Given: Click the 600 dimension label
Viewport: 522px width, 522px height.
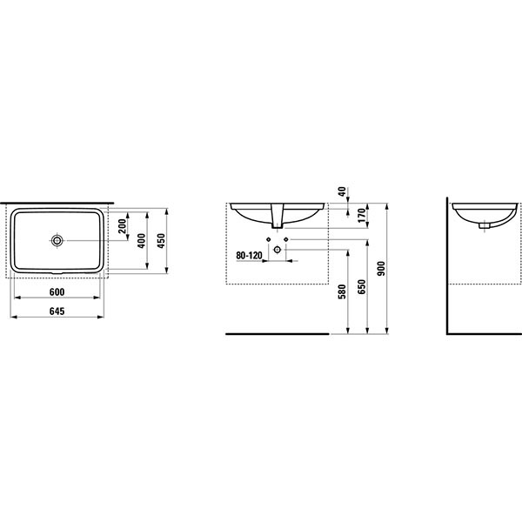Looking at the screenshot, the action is pyautogui.click(x=57, y=292).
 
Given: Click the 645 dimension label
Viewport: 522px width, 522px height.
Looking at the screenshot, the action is pyautogui.click(x=57, y=311).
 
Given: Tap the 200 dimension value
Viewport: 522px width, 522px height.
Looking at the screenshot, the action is pyautogui.click(x=122, y=226).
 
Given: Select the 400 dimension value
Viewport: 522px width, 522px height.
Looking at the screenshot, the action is pyautogui.click(x=142, y=241).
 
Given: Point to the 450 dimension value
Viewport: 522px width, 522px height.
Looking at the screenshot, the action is pyautogui.click(x=161, y=241).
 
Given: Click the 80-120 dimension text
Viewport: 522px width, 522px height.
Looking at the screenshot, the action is pyautogui.click(x=249, y=256).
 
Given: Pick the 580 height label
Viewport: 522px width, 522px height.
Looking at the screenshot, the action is pyautogui.click(x=342, y=292).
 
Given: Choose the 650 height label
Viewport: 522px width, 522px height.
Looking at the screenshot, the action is pyautogui.click(x=362, y=286).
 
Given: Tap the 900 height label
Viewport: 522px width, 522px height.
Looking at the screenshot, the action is pyautogui.click(x=381, y=269).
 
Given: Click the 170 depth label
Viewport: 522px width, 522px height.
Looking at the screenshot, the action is pyautogui.click(x=362, y=215).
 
